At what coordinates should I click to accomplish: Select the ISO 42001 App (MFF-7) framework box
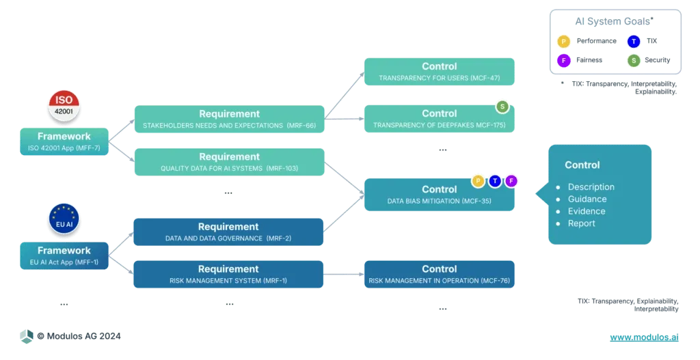[x=64, y=141]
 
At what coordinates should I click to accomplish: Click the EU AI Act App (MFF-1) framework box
[x=64, y=255]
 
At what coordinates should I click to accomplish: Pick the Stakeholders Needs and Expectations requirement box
[x=228, y=119]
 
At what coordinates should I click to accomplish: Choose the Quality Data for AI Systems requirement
[x=228, y=162]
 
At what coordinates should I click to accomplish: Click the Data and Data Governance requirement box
[x=228, y=232]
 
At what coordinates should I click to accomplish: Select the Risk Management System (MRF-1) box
[x=228, y=274]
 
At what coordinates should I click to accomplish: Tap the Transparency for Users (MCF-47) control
[x=439, y=72]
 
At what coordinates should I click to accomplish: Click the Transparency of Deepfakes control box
[x=439, y=119]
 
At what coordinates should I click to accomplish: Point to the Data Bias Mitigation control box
[x=439, y=195]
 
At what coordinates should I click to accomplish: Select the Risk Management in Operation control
[x=439, y=274]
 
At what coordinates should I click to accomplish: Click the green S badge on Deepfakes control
[x=502, y=107]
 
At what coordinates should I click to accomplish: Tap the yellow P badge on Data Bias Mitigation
[x=478, y=181]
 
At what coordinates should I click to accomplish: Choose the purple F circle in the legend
[x=562, y=60]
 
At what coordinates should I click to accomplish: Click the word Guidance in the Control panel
[x=587, y=199]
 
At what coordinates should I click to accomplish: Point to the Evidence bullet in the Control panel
[x=587, y=211]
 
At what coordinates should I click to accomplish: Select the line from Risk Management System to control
[x=343, y=275]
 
